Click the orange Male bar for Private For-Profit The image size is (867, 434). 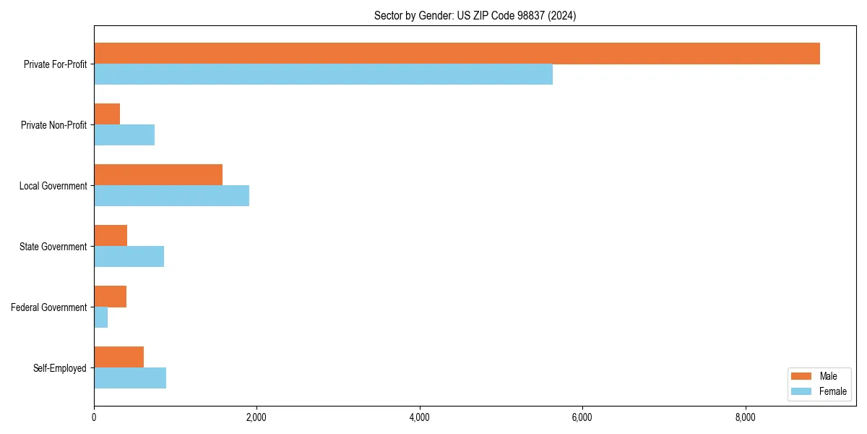(457, 54)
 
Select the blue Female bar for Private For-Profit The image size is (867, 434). (323, 75)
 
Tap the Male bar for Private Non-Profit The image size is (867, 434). (107, 114)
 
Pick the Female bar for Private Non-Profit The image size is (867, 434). (124, 135)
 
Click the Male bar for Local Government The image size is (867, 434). (158, 175)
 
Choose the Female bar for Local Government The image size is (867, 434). (171, 196)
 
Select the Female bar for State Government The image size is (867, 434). (129, 257)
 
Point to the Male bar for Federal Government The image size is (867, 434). (110, 297)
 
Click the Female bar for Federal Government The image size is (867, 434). (100, 318)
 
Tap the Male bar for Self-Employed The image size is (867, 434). (118, 357)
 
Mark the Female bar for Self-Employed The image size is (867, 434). (130, 378)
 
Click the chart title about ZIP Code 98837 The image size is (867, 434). (475, 15)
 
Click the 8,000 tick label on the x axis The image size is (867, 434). (745, 417)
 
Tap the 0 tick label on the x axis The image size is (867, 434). (94, 417)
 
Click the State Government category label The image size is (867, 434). (53, 247)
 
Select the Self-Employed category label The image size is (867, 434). (59, 368)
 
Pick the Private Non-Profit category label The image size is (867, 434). (53, 125)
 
